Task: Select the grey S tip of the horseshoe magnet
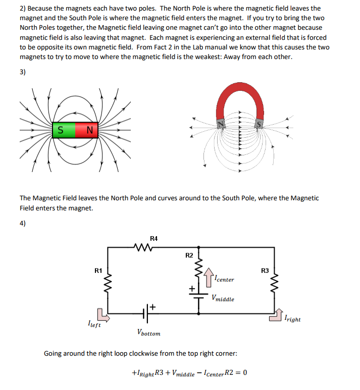pos(259,123)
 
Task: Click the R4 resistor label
pos(153,238)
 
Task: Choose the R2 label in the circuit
pos(189,255)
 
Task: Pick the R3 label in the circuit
pos(265,270)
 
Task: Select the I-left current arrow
pos(102,315)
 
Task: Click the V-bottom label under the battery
pos(148,332)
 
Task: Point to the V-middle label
pos(223,298)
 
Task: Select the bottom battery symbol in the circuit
pos(146,313)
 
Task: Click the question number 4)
pos(23,224)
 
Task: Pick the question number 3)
pos(23,72)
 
